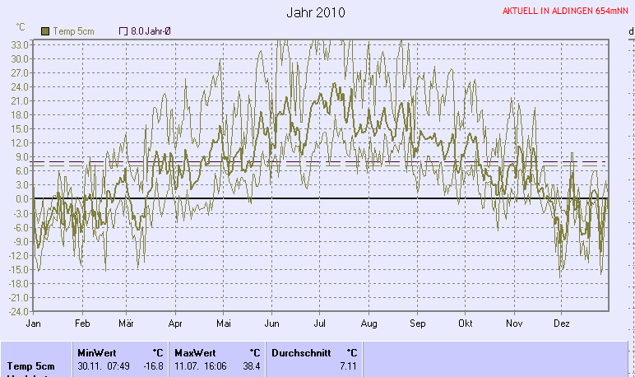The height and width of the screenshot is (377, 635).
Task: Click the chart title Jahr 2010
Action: coord(317,13)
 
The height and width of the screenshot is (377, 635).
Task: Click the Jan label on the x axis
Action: coord(34,323)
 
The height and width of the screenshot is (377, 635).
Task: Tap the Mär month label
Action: coord(126,323)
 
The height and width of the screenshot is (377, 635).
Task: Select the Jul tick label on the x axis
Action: coord(320,323)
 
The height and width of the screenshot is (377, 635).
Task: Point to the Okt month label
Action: coord(466,323)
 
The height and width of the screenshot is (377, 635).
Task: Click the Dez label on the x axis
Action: coord(562,323)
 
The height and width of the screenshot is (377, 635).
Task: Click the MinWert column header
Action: coord(97,352)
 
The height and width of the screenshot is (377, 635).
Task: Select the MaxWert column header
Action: coord(195,352)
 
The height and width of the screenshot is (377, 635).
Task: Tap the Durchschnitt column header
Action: coord(299,352)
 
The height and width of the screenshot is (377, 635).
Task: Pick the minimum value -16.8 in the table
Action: coord(154,366)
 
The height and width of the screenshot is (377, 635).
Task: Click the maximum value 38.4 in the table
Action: coord(251,366)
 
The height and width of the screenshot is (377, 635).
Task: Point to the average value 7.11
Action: coord(348,366)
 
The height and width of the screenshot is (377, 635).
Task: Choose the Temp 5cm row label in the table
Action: coord(31,366)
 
